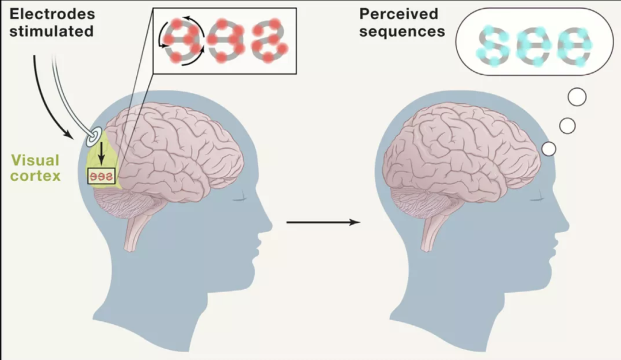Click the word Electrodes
pos(52,14)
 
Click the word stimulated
pos(52,31)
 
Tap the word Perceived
pos(399,14)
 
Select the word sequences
pos(402,32)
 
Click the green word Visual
pos(35,160)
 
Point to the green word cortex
pos(35,176)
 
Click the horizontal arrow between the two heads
pos(323,223)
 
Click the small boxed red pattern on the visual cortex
pos(101,177)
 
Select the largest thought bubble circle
pos(577,97)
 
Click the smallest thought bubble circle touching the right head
pos(549,149)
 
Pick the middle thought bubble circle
pos(567,126)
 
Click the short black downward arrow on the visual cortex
pos(101,154)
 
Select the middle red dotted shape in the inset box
pos(225,40)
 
